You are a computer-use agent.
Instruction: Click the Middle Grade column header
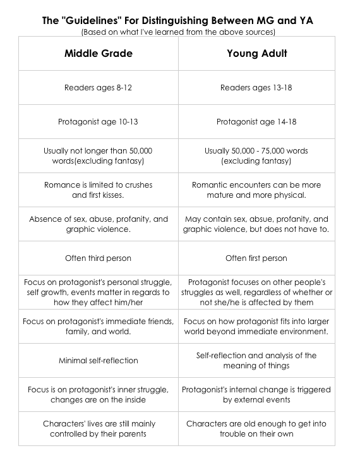pos(99,54)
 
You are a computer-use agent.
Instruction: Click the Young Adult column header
pos(257,54)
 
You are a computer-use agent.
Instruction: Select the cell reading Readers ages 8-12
pos(99,88)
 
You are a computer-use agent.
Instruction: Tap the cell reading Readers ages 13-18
pos(257,88)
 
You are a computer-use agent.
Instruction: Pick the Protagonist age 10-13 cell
pos(99,122)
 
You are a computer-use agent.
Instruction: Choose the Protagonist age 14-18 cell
pos(257,122)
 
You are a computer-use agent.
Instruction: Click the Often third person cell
pos(99,258)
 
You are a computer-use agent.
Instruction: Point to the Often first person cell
pos(257,258)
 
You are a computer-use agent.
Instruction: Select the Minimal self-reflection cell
pos(99,361)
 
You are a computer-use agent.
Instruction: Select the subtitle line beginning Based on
pos(179,32)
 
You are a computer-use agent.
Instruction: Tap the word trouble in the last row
pos(234,433)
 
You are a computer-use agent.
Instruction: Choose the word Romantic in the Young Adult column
pos(212,185)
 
